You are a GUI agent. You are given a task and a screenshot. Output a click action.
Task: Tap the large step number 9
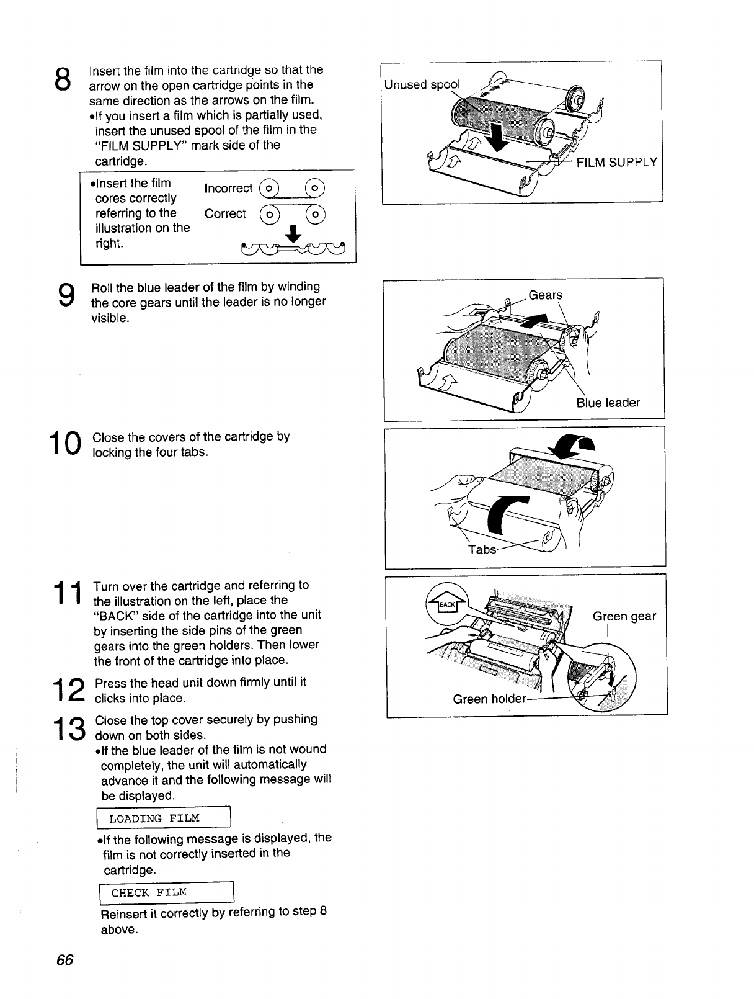pos(64,297)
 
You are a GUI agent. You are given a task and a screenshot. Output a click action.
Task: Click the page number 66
pos(64,959)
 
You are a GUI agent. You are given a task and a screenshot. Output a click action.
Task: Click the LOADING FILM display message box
pos(160,818)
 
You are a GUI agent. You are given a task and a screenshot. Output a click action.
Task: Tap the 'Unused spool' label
pos(422,85)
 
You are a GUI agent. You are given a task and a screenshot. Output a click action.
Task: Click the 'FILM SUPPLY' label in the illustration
pos(616,163)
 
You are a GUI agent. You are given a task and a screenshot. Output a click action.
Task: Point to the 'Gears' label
pos(545,295)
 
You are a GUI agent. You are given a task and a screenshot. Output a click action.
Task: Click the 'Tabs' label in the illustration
pos(482,550)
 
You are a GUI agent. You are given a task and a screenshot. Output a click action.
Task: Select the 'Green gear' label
pos(624,616)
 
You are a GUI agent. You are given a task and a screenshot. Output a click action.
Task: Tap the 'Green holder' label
pos(489,699)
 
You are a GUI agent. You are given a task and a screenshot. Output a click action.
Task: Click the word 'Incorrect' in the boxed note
pos(228,189)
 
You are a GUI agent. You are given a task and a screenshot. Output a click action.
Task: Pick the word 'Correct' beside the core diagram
pos(225,214)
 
